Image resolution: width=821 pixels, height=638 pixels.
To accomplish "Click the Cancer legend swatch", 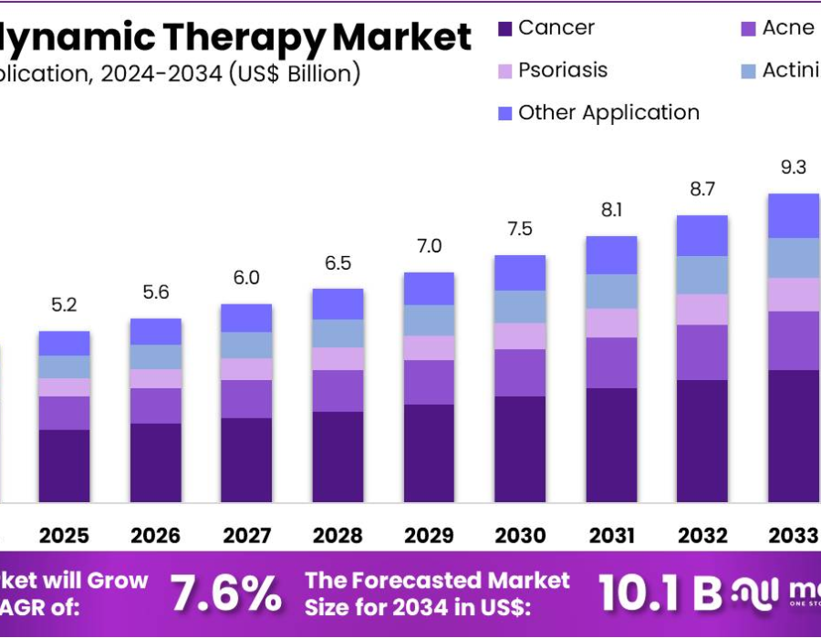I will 505,29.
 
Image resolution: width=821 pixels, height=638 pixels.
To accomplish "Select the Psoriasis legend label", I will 562,70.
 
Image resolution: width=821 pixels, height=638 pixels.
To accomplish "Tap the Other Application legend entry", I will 608,113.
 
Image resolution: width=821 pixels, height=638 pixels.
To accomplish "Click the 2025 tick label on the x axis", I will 64,535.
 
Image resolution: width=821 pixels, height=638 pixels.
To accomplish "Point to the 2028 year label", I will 338,535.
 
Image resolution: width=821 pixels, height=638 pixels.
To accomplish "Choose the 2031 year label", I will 611,535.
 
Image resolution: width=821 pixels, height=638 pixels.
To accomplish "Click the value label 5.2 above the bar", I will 64,305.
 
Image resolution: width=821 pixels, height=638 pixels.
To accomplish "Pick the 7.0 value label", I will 429,246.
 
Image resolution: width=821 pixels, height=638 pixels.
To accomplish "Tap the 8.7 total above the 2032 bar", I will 702,190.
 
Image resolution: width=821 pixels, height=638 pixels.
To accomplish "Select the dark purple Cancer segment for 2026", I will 155,462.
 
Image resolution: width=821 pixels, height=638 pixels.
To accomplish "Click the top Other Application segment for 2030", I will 520,273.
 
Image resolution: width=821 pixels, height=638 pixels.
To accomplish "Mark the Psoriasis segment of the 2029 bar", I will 429,347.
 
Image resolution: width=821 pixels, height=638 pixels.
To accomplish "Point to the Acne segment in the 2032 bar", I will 702,352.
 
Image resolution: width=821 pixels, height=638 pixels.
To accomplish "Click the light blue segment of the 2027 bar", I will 246,345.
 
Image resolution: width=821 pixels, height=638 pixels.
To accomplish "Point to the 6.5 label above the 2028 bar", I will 338,263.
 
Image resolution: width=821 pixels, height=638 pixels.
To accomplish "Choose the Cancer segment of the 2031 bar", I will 611,445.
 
